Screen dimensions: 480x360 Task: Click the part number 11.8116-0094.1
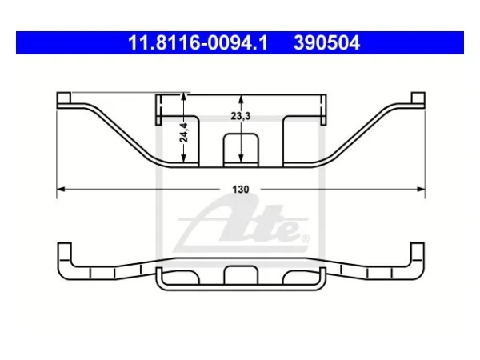click(198, 42)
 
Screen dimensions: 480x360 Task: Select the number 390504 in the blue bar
click(326, 42)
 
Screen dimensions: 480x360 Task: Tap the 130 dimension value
click(241, 190)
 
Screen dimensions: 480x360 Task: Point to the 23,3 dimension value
click(241, 116)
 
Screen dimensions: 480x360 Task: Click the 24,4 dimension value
click(184, 132)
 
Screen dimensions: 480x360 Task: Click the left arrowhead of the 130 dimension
click(61, 189)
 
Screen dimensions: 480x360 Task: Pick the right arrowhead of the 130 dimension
click(422, 189)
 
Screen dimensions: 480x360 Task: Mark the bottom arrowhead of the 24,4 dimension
click(183, 158)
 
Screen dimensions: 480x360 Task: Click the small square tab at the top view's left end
click(64, 98)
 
